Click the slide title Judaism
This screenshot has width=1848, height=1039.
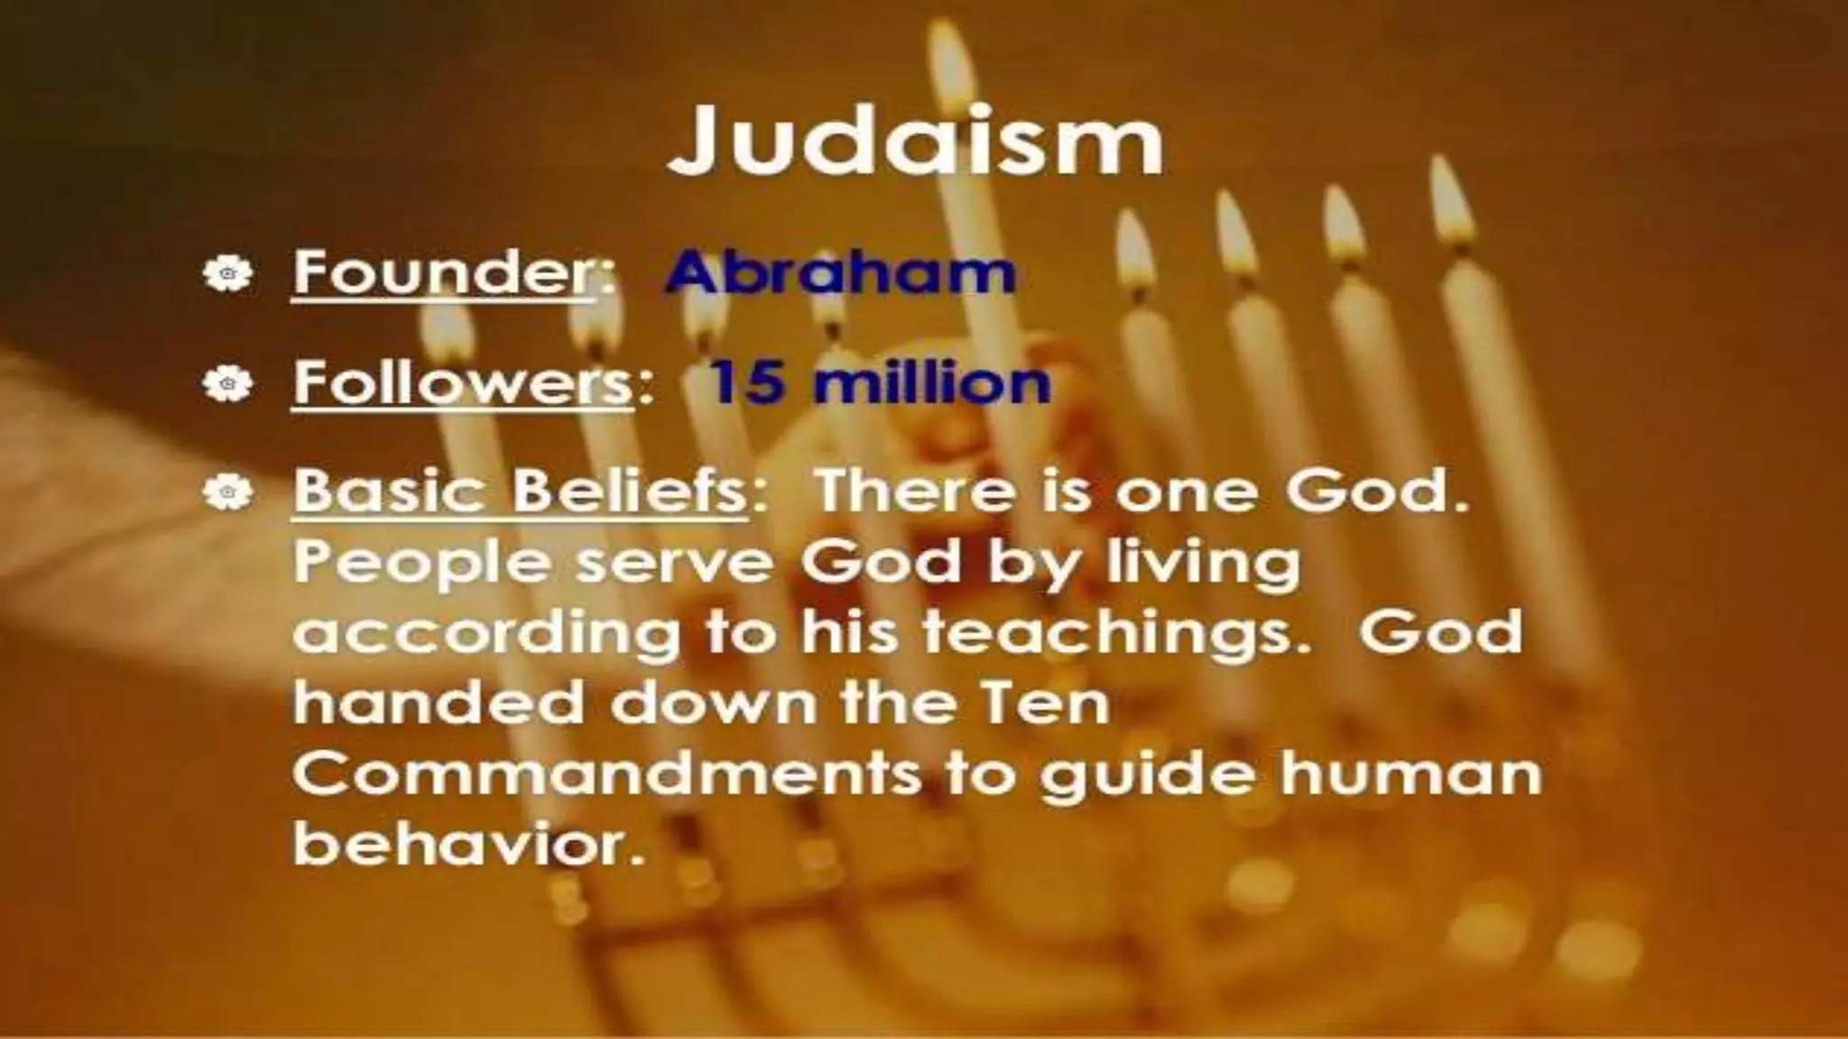coord(915,143)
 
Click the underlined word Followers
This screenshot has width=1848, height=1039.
coord(462,382)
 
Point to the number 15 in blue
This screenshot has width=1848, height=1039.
coord(744,382)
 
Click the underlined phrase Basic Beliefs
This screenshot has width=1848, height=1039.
coord(519,492)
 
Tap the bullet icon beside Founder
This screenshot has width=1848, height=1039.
coord(226,273)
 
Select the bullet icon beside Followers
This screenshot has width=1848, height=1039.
coord(226,385)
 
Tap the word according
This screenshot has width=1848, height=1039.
coord(487,634)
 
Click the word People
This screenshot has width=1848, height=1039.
coord(420,565)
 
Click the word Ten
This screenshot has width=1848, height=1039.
coord(1042,703)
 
